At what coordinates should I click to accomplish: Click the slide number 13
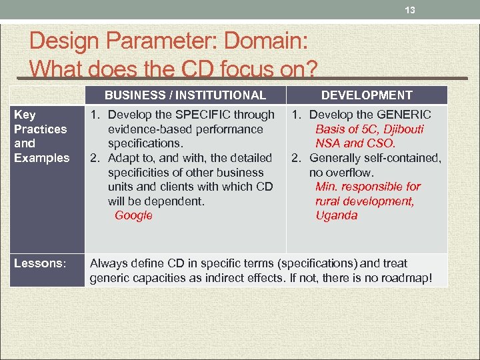click(411, 11)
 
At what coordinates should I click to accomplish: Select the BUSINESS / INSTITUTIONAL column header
click(185, 95)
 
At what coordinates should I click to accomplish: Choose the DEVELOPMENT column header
click(367, 95)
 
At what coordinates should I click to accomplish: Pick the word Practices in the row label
click(40, 129)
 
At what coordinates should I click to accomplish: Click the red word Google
click(133, 215)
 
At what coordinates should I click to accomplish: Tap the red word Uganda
click(337, 215)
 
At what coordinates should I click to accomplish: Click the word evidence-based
click(147, 129)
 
